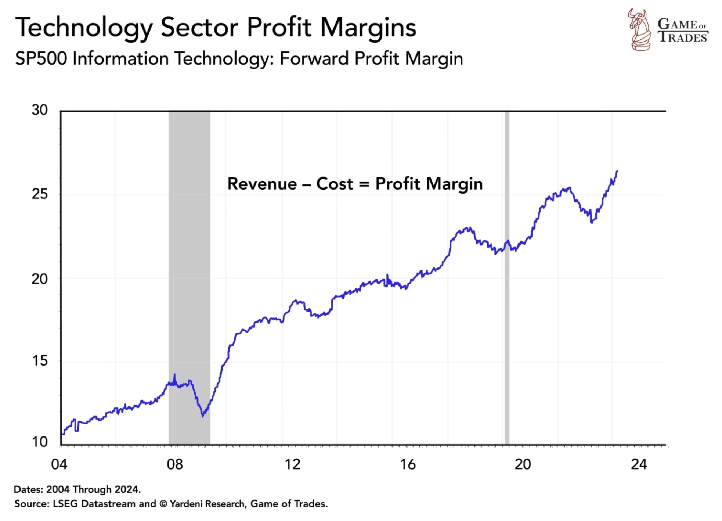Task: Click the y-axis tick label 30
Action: pos(40,110)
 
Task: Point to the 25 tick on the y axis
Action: pos(40,194)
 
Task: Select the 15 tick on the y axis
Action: pos(40,361)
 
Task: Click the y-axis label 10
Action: pos(40,442)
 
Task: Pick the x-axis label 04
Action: pos(59,464)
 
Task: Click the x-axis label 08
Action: pos(175,464)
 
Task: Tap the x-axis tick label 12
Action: pos(293,464)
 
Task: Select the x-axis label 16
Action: pos(408,464)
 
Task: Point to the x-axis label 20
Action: pos(523,464)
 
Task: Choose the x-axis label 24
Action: pos(639,464)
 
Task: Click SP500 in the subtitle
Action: pos(41,59)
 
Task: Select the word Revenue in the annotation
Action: pos(262,184)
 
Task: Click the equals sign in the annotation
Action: pos(364,184)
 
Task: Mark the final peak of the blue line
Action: pos(617,171)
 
